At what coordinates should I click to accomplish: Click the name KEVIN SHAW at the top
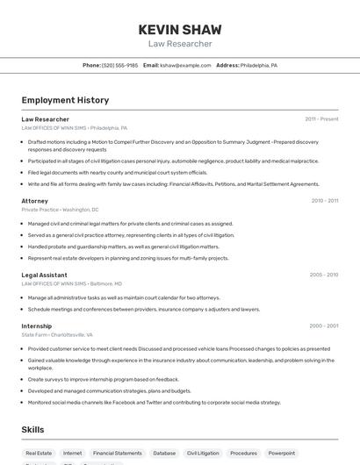180,30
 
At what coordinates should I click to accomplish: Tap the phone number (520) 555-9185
119,65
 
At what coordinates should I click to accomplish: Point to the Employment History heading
65,100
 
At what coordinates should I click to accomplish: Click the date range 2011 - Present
321,118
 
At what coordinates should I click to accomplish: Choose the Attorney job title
35,201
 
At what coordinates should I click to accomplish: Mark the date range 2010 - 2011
325,201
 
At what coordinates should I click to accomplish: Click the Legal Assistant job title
45,275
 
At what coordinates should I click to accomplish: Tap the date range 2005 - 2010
324,275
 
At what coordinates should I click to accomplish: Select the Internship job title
37,325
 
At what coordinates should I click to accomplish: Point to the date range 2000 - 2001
324,325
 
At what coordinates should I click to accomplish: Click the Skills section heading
33,430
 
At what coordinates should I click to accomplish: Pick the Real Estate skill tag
39,453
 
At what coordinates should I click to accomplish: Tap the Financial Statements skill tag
117,453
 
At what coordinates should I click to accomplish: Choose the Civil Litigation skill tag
203,453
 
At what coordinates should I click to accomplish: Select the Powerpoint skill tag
282,453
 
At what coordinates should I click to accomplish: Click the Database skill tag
164,453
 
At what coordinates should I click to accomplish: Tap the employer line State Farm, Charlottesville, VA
57,334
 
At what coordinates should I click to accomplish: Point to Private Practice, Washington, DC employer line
60,210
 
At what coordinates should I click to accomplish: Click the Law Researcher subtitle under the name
180,44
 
